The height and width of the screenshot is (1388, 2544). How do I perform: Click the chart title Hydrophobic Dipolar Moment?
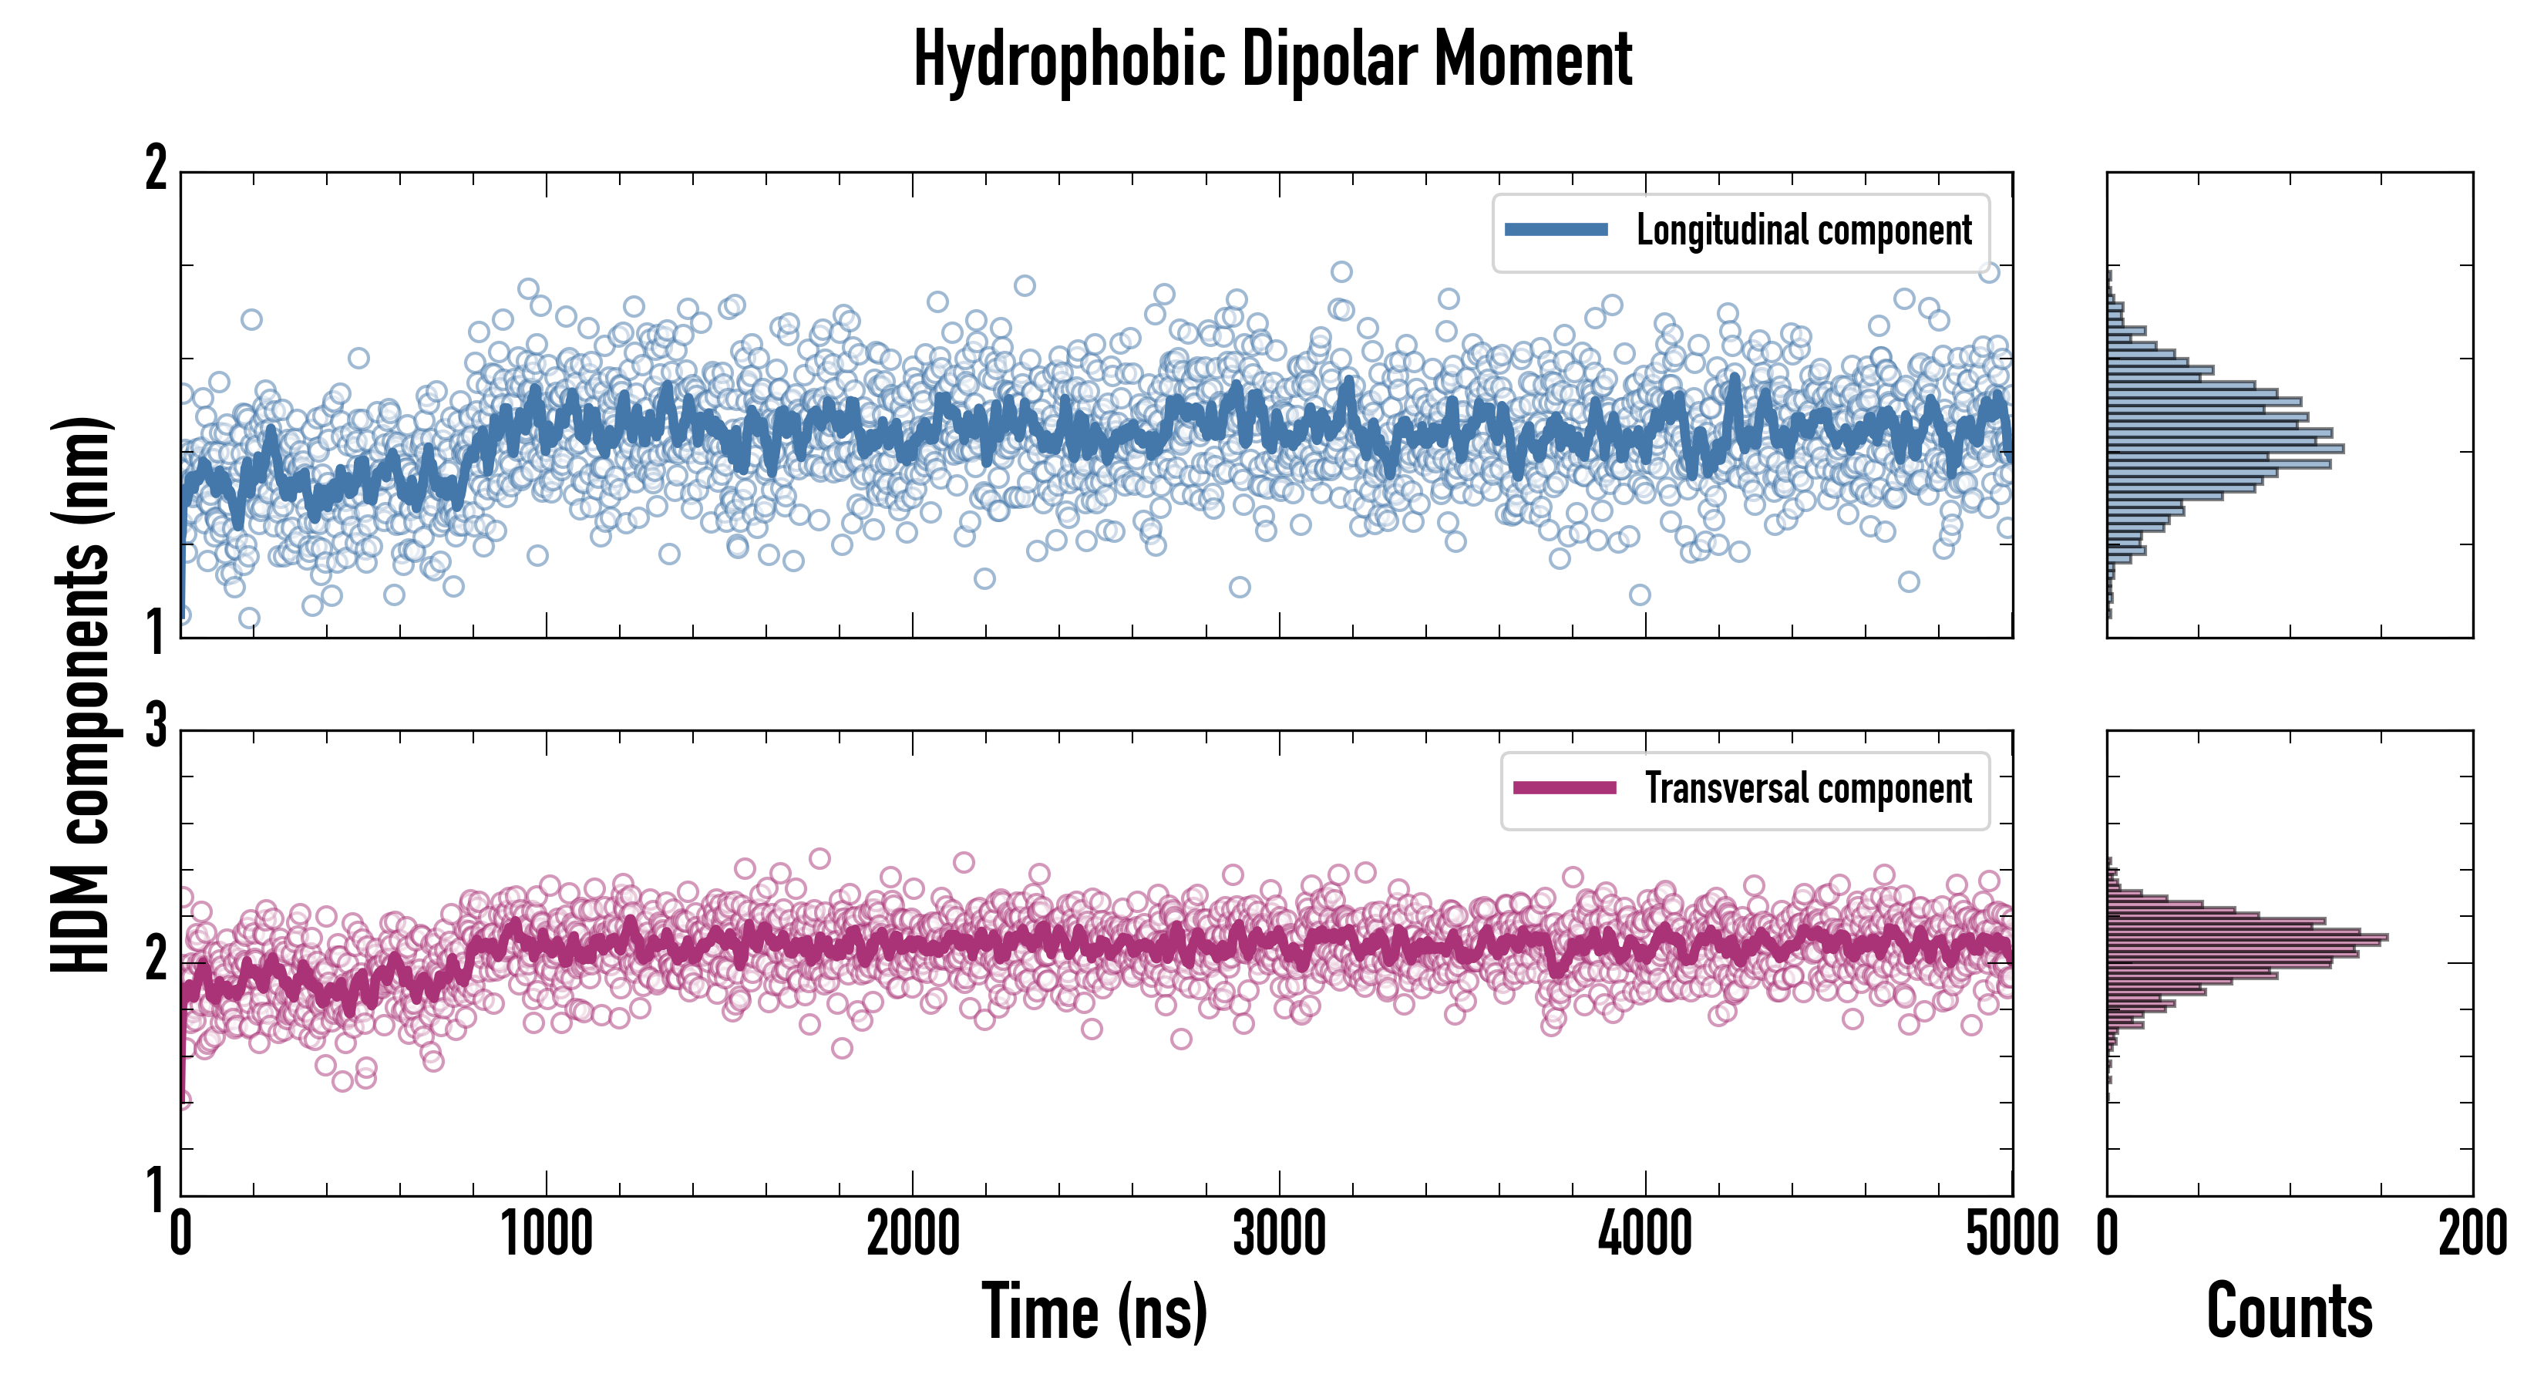[1272, 59]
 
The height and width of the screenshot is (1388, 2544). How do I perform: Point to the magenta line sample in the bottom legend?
[1564, 788]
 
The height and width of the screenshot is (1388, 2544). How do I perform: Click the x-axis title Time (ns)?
[1094, 1311]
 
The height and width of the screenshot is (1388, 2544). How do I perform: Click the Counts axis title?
[2289, 1311]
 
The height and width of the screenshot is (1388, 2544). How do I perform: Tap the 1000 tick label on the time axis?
[546, 1234]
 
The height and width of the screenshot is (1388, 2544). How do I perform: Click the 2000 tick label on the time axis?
[913, 1234]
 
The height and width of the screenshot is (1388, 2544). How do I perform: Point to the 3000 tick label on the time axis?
[1279, 1234]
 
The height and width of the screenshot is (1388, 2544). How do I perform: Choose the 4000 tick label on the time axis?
[1645, 1234]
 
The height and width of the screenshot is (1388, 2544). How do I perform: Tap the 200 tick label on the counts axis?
[2472, 1234]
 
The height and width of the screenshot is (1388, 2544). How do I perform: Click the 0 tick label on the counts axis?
[2108, 1234]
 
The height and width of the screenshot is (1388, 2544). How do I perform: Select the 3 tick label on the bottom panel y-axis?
[156, 727]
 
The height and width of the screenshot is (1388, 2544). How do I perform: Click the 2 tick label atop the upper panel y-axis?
[156, 169]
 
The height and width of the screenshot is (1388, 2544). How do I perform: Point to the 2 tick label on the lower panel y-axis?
[156, 958]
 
